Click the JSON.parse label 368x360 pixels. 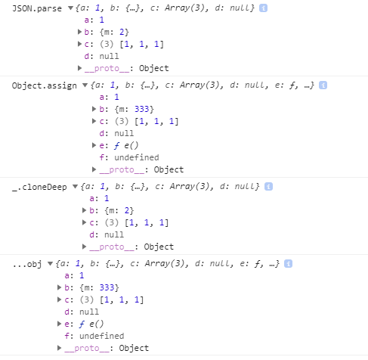coord(37,8)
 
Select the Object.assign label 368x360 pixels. coord(45,85)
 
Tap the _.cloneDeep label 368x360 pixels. coord(39,187)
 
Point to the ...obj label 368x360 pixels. coord(27,264)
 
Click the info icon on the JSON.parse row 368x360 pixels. coord(263,8)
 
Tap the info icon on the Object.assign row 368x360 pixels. coord(323,85)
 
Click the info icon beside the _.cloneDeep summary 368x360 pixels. coord(268,187)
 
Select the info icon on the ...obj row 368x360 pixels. coord(288,264)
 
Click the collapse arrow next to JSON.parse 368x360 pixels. coord(71,8)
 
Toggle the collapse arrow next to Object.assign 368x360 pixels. coord(85,85)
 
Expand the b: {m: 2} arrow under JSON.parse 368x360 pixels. coord(79,32)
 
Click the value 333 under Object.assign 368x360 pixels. coord(142,109)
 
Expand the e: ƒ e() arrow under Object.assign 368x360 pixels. coord(94,145)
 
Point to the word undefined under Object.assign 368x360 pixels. coord(137,157)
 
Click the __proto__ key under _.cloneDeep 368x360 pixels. coord(112,247)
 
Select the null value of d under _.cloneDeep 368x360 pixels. coord(114,235)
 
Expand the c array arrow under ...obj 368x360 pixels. coord(59,299)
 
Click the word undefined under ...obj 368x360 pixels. coord(102,336)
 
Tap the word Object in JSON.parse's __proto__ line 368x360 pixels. coord(154,68)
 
